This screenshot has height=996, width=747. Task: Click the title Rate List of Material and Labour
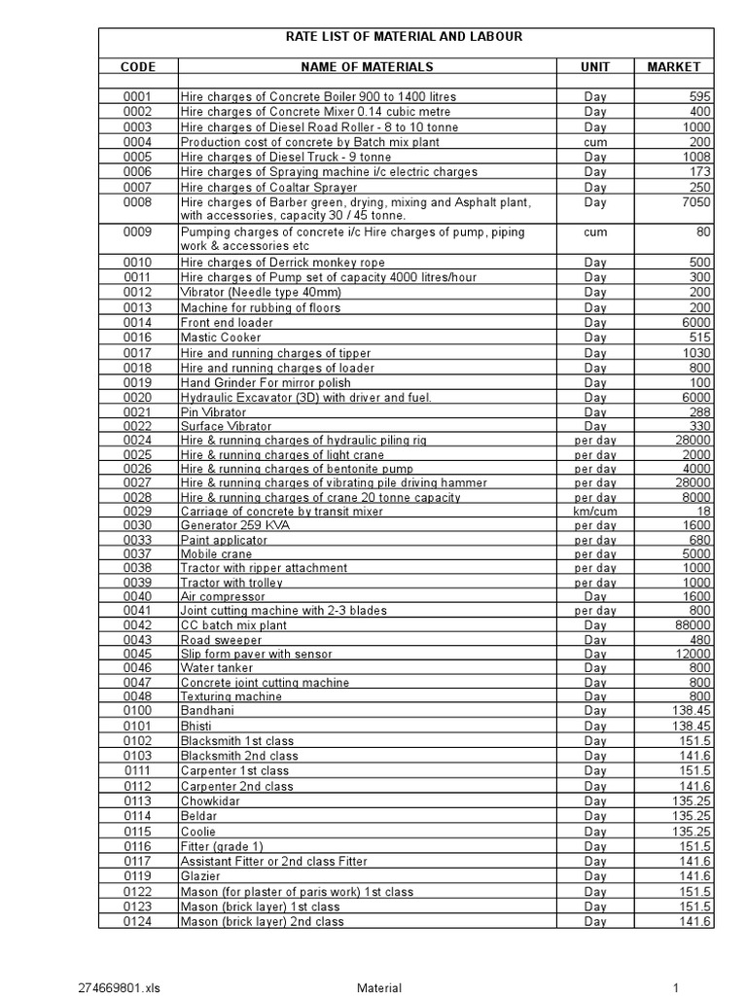pyautogui.click(x=403, y=37)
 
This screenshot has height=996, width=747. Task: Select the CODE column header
pyautogui.click(x=137, y=67)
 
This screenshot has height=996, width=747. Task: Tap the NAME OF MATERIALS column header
pyautogui.click(x=365, y=67)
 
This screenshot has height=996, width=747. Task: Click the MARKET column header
pyautogui.click(x=673, y=67)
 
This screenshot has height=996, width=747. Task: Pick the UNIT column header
pyautogui.click(x=594, y=67)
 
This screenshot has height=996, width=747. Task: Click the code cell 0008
pyautogui.click(x=137, y=202)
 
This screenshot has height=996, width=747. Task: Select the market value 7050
pyautogui.click(x=695, y=202)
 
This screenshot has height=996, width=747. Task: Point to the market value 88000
pyautogui.click(x=693, y=624)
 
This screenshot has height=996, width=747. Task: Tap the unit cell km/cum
pyautogui.click(x=594, y=511)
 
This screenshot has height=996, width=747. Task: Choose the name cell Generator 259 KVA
pyautogui.click(x=234, y=525)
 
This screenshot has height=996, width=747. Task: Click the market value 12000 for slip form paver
pyautogui.click(x=693, y=654)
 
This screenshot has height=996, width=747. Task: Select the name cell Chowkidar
pyautogui.click(x=210, y=801)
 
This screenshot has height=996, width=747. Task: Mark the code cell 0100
pyautogui.click(x=137, y=712)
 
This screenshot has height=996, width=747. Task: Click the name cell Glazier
pyautogui.click(x=201, y=876)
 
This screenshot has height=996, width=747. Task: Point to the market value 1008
pyautogui.click(x=697, y=157)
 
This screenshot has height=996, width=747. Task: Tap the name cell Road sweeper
pyautogui.click(x=221, y=639)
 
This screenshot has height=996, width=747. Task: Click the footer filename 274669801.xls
pyautogui.click(x=118, y=988)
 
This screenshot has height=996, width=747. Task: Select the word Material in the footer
pyautogui.click(x=378, y=988)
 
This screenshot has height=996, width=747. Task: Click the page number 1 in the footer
pyautogui.click(x=673, y=988)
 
